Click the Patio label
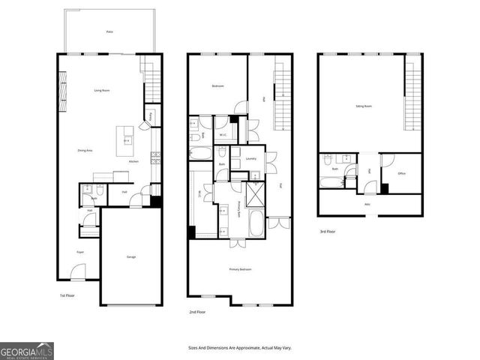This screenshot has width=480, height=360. tap(109, 32)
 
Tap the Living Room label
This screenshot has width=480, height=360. tap(103, 91)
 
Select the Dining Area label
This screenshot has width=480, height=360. tap(85, 151)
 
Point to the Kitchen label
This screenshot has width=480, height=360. tap(133, 162)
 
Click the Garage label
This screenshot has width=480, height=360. tap(130, 257)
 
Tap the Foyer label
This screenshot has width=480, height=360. tap(79, 252)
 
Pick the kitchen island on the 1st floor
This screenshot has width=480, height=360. tap(124, 139)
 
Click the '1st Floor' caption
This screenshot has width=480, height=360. tap(67, 295)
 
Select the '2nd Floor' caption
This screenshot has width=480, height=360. tap(197, 311)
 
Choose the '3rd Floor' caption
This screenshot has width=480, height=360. tap(327, 232)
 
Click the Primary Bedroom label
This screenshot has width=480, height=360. tap(240, 269)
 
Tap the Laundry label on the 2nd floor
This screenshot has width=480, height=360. tap(251, 158)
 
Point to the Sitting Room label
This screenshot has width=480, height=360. tap(364, 106)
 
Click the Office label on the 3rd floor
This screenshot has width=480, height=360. tap(401, 173)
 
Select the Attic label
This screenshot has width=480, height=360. tap(367, 203)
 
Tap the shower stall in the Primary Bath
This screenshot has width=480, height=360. tap(254, 193)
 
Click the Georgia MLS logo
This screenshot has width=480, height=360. tap(26, 351)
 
